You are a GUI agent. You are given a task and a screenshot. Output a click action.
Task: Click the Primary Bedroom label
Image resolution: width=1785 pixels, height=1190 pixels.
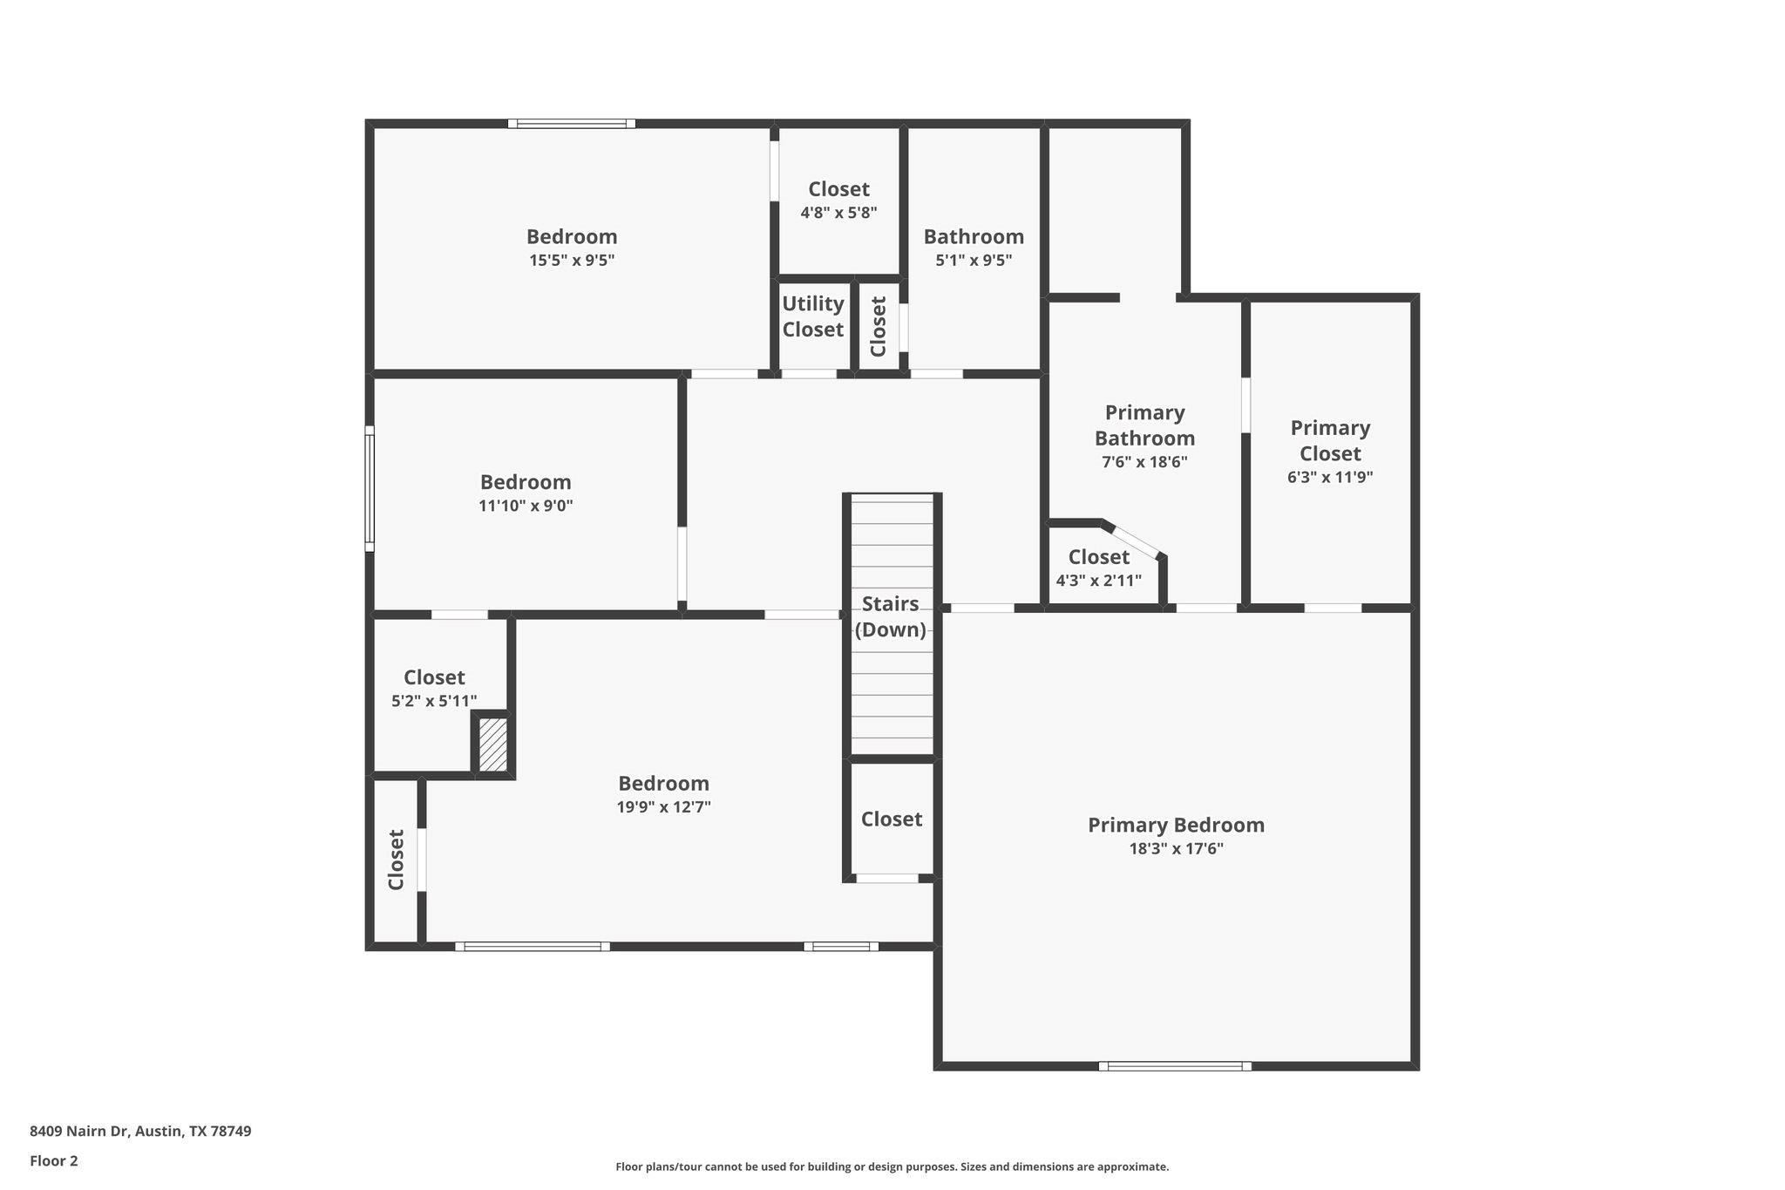point(1175,825)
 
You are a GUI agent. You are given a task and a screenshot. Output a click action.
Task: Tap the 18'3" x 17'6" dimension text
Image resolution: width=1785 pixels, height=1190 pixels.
point(1176,849)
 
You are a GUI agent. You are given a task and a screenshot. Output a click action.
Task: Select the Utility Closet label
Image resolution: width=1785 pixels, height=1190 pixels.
point(812,316)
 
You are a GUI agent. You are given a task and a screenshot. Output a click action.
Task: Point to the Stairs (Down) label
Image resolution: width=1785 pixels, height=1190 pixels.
point(890,616)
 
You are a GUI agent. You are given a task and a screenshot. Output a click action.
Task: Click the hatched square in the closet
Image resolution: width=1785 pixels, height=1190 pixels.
point(493,744)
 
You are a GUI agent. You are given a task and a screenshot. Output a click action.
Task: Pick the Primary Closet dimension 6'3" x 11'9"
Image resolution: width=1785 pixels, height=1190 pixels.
point(1329,477)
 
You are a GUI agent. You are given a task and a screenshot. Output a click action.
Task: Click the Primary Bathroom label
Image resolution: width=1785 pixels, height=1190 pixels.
point(1144,425)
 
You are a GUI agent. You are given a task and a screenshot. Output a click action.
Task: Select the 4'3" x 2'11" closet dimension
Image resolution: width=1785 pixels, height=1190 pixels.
point(1098,581)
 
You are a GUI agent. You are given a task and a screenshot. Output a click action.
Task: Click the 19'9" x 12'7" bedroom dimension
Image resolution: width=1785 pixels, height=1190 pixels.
point(663,807)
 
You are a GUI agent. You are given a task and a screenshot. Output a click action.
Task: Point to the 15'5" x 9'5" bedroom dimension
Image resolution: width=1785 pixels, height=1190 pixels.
point(572,260)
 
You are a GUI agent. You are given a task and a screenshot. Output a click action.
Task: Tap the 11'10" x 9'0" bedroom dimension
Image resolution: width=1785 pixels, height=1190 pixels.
point(526,506)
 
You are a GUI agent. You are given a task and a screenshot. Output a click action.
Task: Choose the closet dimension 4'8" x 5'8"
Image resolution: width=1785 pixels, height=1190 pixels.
point(838,212)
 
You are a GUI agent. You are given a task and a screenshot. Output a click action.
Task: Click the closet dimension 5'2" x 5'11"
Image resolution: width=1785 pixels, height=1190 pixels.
point(434,701)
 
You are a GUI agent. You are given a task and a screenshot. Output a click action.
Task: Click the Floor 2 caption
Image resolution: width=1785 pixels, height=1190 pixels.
point(54,1160)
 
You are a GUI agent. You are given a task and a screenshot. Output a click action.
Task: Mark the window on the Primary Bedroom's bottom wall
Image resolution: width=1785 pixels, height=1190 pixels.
point(1174,1065)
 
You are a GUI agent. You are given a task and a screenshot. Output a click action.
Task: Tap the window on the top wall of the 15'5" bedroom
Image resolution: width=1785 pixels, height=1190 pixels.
point(572,124)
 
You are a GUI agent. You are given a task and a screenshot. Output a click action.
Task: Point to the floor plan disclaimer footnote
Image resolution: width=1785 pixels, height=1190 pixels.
point(892,1166)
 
